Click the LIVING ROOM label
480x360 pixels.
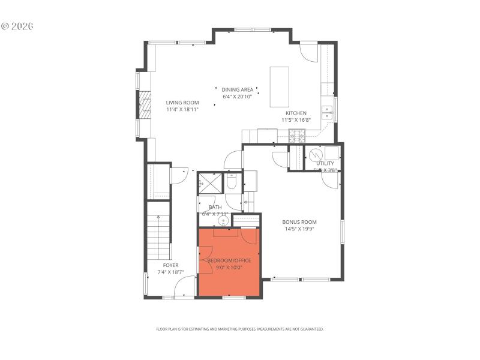[x=182, y=103]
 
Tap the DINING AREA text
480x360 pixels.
[x=238, y=89]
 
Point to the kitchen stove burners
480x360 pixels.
[x=296, y=137]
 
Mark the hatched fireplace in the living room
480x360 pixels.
[x=144, y=106]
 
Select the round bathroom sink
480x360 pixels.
[x=223, y=221]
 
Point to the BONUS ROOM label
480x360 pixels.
[x=299, y=221]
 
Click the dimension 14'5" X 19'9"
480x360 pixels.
[x=299, y=229]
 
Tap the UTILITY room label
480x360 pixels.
[x=325, y=163]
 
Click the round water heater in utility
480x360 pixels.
[x=315, y=153]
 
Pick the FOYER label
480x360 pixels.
[x=170, y=265]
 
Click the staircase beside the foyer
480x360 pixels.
[x=159, y=240]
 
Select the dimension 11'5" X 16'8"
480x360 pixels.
[x=296, y=120]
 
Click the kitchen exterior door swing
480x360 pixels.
[x=309, y=53]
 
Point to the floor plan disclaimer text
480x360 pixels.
[x=240, y=329]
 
